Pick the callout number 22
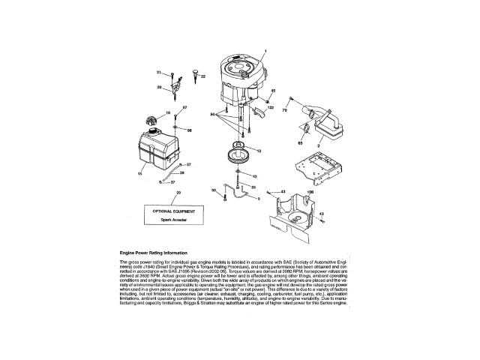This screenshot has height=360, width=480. (x=202, y=76)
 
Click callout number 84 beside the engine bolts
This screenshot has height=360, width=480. (x=213, y=113)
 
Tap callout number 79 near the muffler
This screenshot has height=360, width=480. (x=284, y=110)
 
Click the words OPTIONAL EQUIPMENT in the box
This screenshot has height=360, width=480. (x=178, y=211)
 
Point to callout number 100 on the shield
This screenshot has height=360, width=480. (x=310, y=192)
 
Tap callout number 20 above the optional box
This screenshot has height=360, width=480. (x=178, y=193)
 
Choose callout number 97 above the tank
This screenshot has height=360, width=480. (x=185, y=108)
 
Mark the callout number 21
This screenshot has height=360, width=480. (x=159, y=72)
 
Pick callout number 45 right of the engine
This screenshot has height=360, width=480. (x=273, y=91)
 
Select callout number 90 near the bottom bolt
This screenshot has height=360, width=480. (x=214, y=190)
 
